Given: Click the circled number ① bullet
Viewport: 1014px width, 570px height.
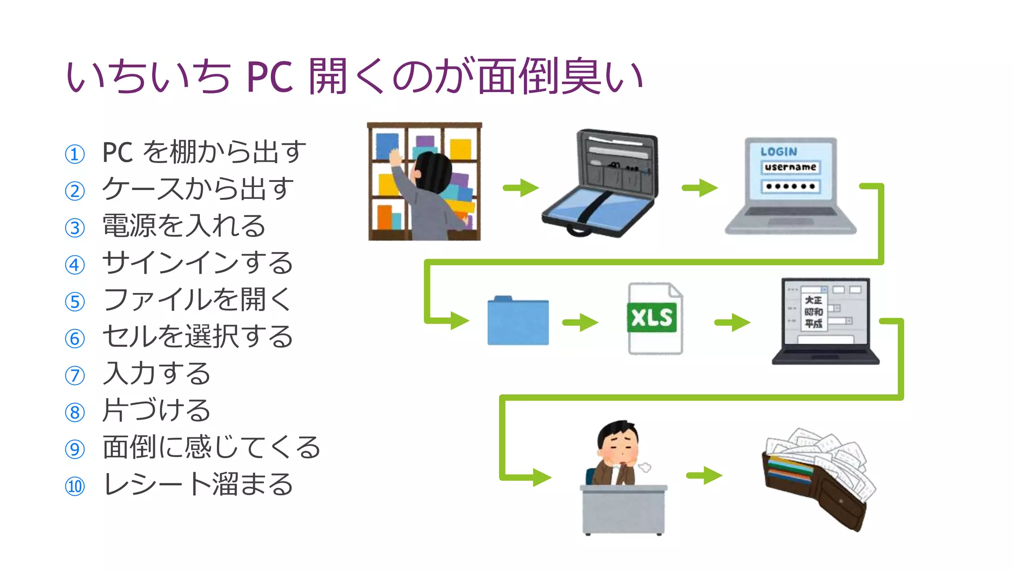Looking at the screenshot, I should (x=75, y=154).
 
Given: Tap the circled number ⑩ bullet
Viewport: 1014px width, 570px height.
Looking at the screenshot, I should (x=75, y=486).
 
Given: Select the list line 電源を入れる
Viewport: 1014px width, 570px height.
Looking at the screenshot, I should (x=184, y=226).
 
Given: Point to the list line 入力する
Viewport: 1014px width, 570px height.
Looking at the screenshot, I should (x=156, y=374).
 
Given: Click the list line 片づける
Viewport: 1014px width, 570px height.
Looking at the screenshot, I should (x=156, y=411).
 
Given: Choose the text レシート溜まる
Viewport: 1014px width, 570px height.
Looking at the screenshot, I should (x=198, y=484).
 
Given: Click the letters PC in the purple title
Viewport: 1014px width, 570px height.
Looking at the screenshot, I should (x=269, y=77).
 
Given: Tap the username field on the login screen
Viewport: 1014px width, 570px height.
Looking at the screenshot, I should (x=790, y=167).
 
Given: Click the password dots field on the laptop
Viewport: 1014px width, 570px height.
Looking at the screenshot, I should (x=790, y=187).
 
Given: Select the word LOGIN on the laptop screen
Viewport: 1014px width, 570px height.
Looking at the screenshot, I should (x=779, y=152).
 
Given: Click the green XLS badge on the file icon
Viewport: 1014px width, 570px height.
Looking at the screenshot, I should (x=652, y=318).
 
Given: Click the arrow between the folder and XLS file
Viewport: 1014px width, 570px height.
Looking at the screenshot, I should (x=580, y=323).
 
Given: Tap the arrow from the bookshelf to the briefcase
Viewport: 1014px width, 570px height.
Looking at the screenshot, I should (x=520, y=188).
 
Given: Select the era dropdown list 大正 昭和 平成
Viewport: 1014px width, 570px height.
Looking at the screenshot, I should (x=813, y=312).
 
